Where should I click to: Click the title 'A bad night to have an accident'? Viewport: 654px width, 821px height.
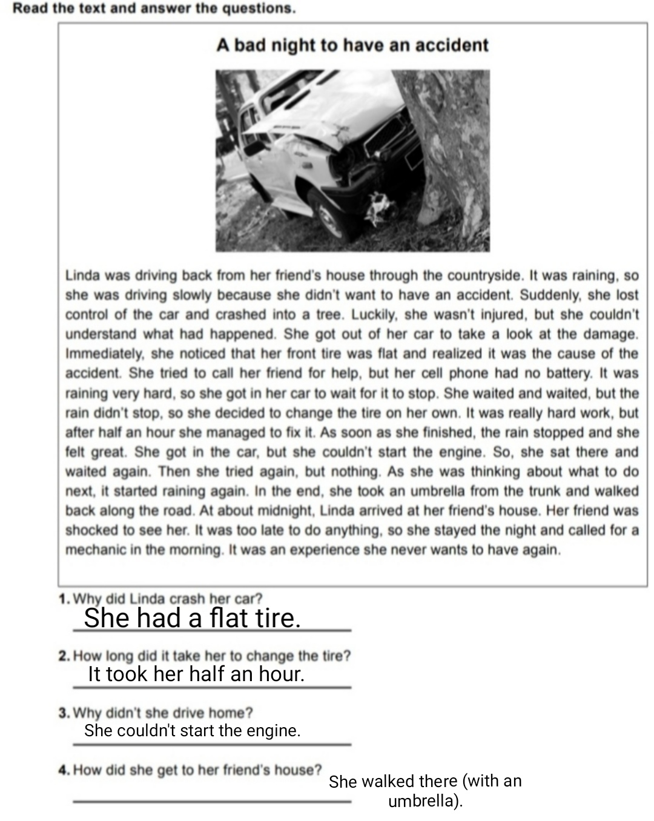[x=352, y=45]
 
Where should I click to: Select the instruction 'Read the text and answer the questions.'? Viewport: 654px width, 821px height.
[x=154, y=8]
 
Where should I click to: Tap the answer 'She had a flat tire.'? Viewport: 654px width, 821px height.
[x=192, y=618]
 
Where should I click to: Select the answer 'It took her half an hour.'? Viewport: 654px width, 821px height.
[x=196, y=674]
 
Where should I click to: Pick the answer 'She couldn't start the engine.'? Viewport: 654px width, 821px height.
[x=192, y=731]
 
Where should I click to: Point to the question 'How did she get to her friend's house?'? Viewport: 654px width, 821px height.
[x=197, y=770]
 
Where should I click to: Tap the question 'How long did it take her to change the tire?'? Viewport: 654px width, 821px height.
[x=211, y=656]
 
